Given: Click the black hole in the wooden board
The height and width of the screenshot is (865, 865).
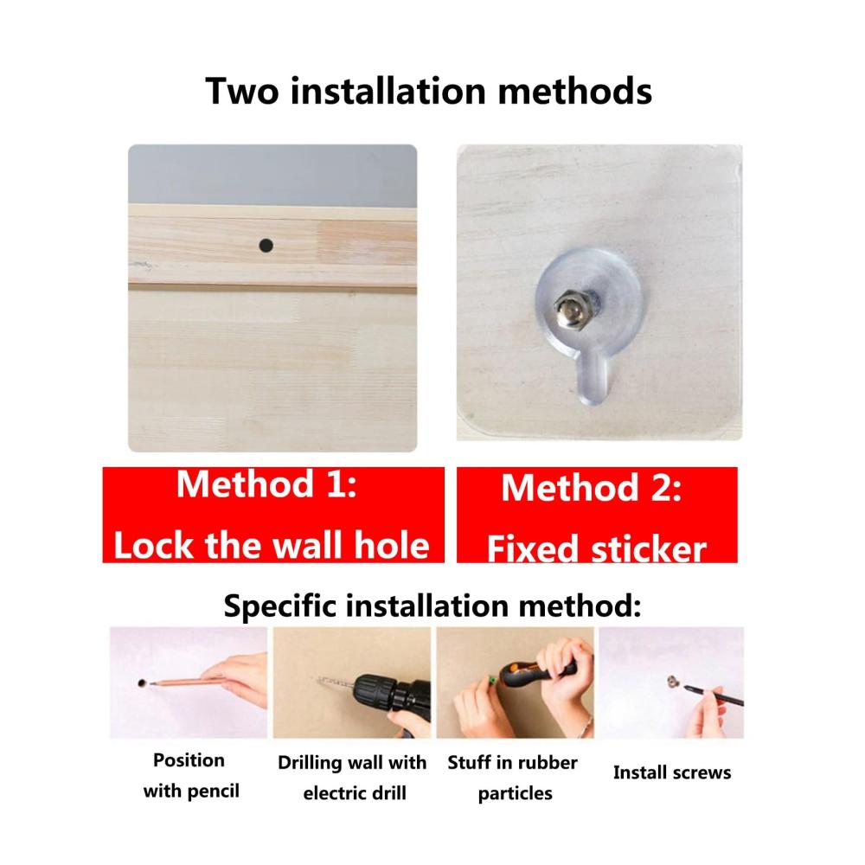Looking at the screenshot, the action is point(266,245).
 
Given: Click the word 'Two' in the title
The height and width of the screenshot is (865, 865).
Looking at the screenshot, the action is point(242,91).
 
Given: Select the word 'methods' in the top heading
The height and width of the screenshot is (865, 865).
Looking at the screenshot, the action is point(575,91).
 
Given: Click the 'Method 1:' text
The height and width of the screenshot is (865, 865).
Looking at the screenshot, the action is point(267,484).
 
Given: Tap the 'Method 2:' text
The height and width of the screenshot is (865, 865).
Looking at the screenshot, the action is point(592,488).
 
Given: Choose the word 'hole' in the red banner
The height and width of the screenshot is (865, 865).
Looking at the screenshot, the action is point(392,545).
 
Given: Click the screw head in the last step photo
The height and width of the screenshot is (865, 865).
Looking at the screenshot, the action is point(672,682).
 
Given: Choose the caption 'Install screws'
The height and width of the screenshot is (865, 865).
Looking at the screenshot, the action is point(672,772).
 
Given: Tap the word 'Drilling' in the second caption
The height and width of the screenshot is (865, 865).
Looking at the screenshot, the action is point(310,763).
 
